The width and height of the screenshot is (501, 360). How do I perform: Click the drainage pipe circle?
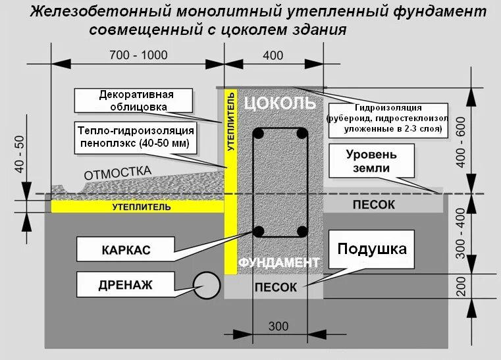point(207,284)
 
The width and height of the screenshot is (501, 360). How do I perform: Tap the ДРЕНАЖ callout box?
point(125,285)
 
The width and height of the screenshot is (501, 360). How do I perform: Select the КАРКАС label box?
point(126,250)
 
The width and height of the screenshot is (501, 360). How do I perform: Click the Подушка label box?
point(372,249)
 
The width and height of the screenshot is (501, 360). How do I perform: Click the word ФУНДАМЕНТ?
point(278,262)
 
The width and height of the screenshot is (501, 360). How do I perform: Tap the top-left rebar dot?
point(259,134)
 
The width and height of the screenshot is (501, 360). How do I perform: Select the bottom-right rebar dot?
point(302,231)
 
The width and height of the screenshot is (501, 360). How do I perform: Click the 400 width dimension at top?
point(273,55)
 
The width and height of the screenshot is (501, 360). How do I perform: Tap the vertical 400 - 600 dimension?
point(460,141)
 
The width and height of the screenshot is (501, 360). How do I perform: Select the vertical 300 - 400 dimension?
point(460,234)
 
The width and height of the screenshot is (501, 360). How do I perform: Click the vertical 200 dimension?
point(460,285)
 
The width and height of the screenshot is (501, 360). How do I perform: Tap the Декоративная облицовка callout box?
point(134,100)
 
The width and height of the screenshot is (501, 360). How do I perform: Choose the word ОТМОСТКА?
point(117,173)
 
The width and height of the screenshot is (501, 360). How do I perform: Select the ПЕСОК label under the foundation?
point(275,287)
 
